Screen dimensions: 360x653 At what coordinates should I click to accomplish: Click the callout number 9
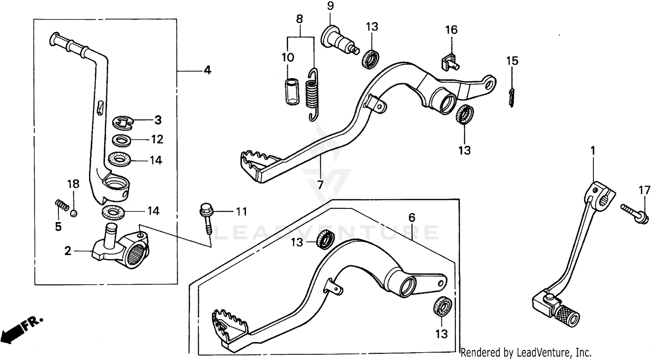(x=330, y=7)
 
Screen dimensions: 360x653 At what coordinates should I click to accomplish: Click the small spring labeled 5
(x=62, y=204)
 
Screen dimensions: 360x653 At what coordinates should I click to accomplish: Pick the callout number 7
(x=320, y=185)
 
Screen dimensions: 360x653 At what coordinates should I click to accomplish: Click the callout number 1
(x=592, y=150)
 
